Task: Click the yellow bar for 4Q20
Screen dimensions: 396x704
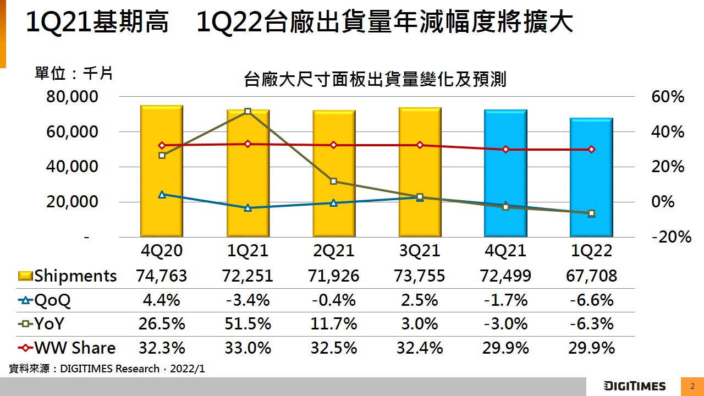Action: click(162, 171)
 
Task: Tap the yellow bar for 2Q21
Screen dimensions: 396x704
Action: click(334, 173)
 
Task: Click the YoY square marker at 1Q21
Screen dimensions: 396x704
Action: click(248, 112)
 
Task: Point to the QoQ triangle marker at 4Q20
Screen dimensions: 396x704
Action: click(162, 194)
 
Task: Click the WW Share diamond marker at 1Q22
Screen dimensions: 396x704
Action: click(591, 149)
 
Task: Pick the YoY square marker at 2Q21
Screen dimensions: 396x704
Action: click(334, 181)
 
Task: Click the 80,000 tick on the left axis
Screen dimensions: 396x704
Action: click(73, 97)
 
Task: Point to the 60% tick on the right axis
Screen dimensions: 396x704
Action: click(668, 97)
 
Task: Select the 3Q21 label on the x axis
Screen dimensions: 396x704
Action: click(420, 251)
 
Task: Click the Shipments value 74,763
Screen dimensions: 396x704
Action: click(162, 276)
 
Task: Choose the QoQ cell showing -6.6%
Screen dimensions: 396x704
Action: click(591, 300)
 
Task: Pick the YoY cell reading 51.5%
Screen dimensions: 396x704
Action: click(248, 324)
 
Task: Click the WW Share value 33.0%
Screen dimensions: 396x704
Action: click(248, 348)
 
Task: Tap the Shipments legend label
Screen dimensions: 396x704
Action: click(75, 276)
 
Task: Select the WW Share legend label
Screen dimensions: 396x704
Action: click(75, 348)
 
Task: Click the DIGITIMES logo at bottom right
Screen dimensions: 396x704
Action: click(634, 386)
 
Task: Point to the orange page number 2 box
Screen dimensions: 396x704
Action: click(692, 386)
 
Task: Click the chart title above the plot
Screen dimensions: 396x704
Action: click(375, 80)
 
